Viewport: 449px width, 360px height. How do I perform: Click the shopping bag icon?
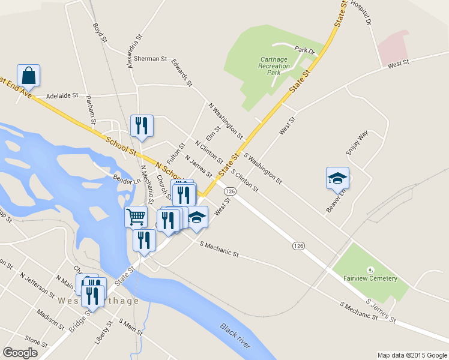pyautogui.click(x=28, y=75)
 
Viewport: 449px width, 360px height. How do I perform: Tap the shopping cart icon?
pyautogui.click(x=136, y=217)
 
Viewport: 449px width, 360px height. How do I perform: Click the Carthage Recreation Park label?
pyautogui.click(x=274, y=66)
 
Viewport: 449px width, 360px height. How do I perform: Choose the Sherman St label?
pyautogui.click(x=150, y=59)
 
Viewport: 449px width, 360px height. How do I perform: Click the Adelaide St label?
pyautogui.click(x=62, y=95)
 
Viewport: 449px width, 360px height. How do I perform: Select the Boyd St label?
pyautogui.click(x=100, y=32)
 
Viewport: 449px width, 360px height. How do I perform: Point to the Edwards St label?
pyautogui.click(x=181, y=72)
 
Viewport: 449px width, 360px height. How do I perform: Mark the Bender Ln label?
pyautogui.click(x=127, y=178)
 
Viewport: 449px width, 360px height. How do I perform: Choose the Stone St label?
pyautogui.click(x=36, y=343)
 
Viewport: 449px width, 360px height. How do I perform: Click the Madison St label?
pyautogui.click(x=50, y=319)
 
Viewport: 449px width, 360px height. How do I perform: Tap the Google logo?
pyautogui.click(x=20, y=353)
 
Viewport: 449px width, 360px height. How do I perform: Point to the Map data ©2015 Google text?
pyautogui.click(x=411, y=355)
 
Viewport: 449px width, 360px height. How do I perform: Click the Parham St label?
pyautogui.click(x=90, y=109)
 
